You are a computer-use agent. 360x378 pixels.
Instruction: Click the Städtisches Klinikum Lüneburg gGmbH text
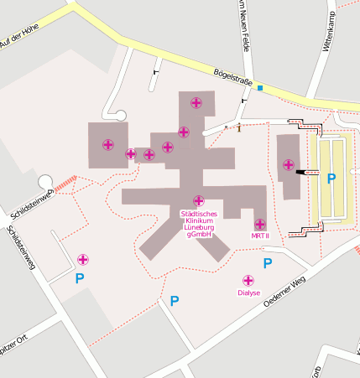click(199, 224)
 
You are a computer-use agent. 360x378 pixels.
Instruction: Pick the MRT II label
click(260, 236)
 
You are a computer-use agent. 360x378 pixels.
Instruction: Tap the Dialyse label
click(248, 293)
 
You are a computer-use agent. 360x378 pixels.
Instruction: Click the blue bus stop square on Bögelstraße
click(260, 88)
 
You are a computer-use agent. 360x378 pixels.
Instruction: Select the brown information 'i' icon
click(239, 127)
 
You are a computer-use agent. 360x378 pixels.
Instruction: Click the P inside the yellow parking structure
click(331, 179)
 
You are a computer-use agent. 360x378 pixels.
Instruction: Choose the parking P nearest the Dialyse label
click(268, 264)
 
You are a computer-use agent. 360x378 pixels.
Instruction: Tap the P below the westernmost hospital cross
click(80, 277)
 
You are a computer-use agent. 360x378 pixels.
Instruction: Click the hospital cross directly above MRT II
click(260, 225)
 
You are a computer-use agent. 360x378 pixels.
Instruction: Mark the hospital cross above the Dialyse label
click(248, 281)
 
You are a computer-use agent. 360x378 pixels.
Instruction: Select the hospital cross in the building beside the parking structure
click(289, 164)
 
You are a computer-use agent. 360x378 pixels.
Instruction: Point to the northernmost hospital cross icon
click(196, 103)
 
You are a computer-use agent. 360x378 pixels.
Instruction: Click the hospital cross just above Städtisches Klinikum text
click(199, 200)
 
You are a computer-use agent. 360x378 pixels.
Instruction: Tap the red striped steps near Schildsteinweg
click(65, 181)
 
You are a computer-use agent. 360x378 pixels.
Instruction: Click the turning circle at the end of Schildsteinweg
click(45, 182)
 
